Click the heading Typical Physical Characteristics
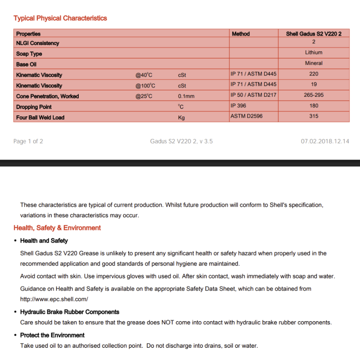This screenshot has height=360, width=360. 60,18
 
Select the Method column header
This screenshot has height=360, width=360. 241,34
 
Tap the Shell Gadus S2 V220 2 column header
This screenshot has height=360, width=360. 314,34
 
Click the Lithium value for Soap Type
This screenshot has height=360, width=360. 314,52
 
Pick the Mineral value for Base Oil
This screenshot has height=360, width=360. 314,63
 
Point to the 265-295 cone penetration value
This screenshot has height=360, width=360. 314,95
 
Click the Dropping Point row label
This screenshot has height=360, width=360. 34,107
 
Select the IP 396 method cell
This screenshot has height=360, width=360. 238,105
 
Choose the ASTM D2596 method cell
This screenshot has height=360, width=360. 246,116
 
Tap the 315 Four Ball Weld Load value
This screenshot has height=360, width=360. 314,116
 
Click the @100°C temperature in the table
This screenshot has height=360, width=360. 145,86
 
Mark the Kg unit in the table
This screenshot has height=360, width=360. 181,118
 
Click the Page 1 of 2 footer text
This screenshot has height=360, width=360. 28,141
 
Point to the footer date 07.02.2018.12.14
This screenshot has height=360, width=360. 325,141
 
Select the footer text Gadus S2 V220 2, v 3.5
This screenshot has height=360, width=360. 181,141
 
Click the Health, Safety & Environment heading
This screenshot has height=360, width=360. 57,228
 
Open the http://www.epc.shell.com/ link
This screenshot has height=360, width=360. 54,300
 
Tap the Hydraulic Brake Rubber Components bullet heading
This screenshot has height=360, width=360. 70,312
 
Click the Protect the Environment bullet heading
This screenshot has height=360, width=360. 52,335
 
